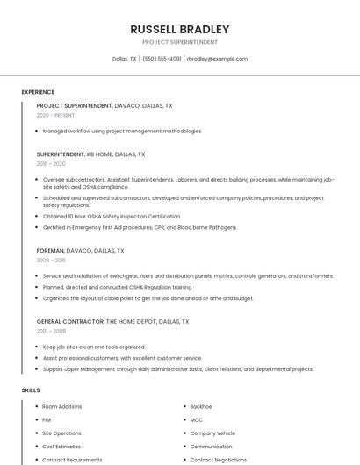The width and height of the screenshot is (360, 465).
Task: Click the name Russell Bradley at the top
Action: click(x=179, y=29)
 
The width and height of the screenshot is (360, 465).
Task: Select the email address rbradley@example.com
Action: click(x=217, y=59)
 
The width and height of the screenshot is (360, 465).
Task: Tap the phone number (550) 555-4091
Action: click(x=162, y=59)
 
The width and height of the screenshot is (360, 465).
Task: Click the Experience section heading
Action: click(x=38, y=92)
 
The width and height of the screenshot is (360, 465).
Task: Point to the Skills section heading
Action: click(x=31, y=390)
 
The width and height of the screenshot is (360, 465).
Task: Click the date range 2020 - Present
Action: click(x=55, y=115)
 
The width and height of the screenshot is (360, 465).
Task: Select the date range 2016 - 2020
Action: click(x=51, y=163)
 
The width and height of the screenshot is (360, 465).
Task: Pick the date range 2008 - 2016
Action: click(x=51, y=260)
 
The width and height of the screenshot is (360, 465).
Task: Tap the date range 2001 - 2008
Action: click(x=51, y=331)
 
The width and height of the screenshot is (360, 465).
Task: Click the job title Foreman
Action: click(x=50, y=250)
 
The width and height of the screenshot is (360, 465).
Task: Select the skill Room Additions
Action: click(x=61, y=406)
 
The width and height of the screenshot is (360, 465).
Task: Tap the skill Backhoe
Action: click(x=201, y=406)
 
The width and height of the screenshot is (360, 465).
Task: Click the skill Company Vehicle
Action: click(x=212, y=433)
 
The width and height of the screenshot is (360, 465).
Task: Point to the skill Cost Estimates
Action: click(x=61, y=446)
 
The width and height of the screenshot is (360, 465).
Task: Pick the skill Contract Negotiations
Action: click(x=218, y=459)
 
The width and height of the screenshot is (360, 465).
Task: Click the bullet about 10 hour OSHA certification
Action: click(x=112, y=216)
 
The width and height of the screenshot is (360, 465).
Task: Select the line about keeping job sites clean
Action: click(x=94, y=347)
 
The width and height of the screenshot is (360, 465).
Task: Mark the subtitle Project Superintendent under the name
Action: click(x=179, y=42)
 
